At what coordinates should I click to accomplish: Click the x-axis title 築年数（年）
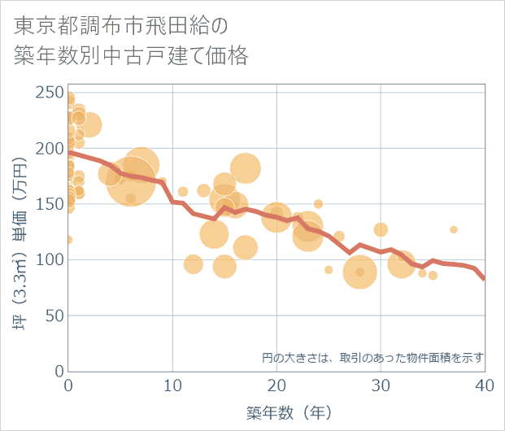(276, 412)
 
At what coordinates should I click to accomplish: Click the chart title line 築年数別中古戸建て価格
(131, 55)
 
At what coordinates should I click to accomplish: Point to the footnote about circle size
(373, 357)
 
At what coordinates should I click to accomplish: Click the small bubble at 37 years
(454, 229)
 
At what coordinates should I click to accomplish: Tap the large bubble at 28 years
(359, 272)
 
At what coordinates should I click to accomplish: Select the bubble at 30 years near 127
(381, 229)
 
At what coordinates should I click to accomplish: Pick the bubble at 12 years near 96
(194, 264)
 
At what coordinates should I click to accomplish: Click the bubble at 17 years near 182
(246, 168)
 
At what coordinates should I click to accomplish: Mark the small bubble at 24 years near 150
(319, 204)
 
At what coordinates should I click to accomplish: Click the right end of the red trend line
(485, 279)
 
